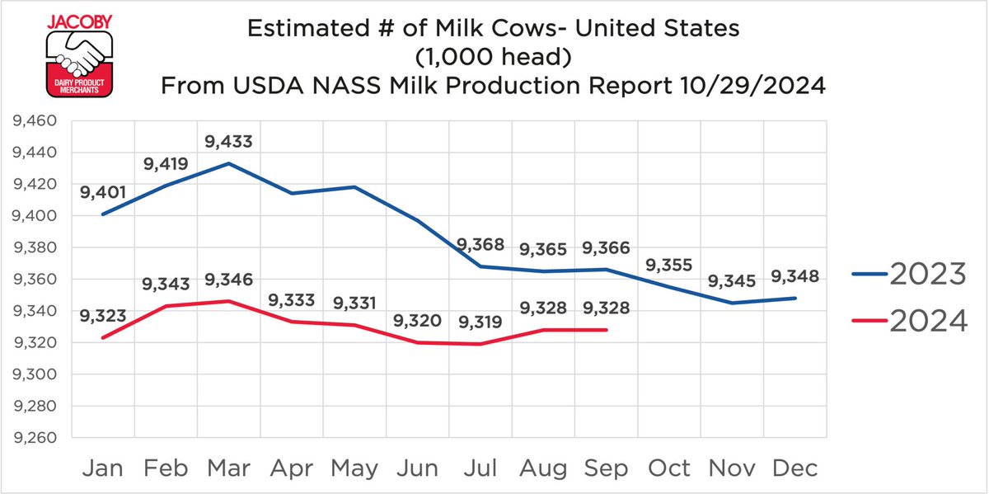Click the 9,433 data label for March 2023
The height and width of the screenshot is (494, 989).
point(229,142)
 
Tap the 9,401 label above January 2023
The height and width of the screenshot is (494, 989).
point(103,193)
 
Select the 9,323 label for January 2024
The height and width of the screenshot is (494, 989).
point(103,315)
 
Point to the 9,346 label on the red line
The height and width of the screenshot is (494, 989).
point(229,280)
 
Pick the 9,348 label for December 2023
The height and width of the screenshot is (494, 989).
point(796,276)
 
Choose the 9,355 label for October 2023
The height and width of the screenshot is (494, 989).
point(669,266)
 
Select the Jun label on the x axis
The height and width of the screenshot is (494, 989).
point(418,468)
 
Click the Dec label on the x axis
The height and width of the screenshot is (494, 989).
point(795,468)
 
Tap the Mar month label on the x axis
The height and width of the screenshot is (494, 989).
point(229,468)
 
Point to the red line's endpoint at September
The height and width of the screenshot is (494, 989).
point(607,330)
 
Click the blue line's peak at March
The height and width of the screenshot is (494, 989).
point(229,163)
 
